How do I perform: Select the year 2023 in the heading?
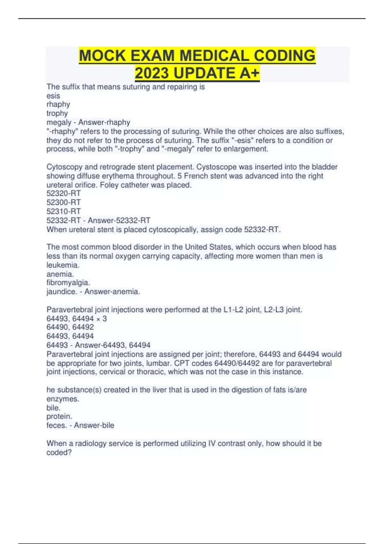click(x=152, y=73)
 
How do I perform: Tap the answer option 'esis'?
click(x=53, y=96)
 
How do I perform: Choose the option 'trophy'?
click(x=57, y=113)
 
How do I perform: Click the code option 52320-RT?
click(x=63, y=193)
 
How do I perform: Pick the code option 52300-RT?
click(x=63, y=202)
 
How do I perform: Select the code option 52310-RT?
click(x=63, y=211)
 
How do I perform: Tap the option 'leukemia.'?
click(x=63, y=265)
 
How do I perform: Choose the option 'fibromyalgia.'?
click(x=68, y=283)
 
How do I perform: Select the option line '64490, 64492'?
click(x=70, y=327)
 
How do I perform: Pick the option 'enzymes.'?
click(x=63, y=399)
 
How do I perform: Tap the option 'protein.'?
click(x=59, y=416)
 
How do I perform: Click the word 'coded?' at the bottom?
click(x=59, y=452)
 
